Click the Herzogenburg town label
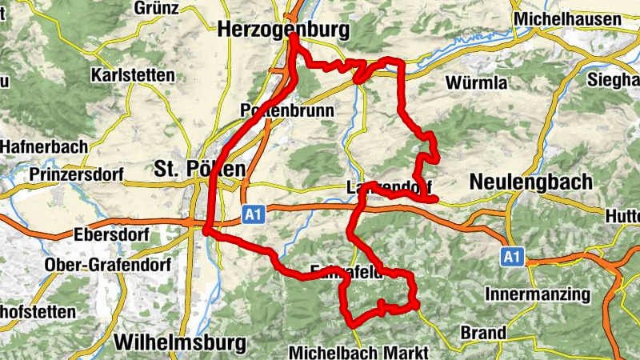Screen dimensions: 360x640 [284, 30]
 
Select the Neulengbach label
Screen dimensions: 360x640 [531, 182]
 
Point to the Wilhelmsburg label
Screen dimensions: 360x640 [180, 342]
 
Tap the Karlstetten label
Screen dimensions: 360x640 [133, 76]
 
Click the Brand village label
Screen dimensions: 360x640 [483, 332]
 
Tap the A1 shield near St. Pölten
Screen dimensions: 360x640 [254, 214]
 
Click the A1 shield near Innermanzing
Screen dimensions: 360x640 [512, 257]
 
